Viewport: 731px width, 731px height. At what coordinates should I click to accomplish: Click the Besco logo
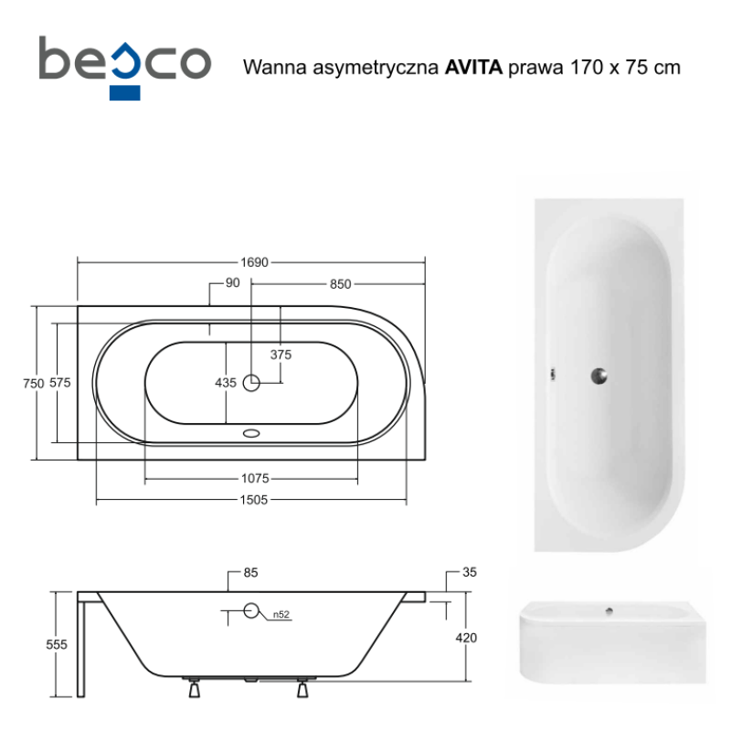(125, 68)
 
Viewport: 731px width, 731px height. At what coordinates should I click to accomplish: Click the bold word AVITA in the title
(473, 68)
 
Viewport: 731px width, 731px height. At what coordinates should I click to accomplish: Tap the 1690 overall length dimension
(255, 262)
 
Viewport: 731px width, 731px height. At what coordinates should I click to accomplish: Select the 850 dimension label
(340, 284)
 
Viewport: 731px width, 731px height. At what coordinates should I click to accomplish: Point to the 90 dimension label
(232, 283)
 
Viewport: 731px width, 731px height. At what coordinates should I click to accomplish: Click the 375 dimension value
(281, 355)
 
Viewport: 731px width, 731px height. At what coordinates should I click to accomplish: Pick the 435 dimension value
(226, 383)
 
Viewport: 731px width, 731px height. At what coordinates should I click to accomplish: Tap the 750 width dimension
(34, 383)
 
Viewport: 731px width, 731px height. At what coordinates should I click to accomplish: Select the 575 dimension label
(60, 383)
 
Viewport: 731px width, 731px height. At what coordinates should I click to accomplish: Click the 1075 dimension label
(255, 478)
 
